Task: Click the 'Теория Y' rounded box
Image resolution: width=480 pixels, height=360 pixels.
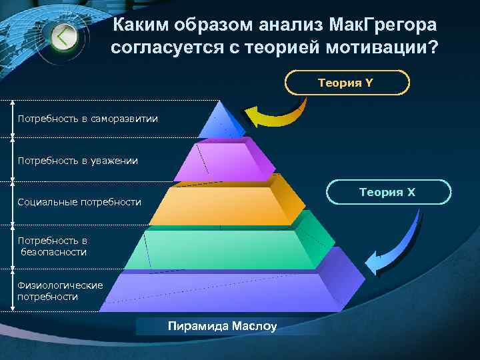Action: click(x=347, y=83)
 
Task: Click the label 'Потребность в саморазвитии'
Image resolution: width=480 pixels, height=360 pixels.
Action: click(x=88, y=119)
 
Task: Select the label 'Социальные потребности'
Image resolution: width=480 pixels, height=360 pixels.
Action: click(x=79, y=202)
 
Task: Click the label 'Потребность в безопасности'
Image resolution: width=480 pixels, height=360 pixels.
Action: click(x=53, y=246)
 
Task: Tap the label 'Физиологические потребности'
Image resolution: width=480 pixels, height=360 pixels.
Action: click(x=60, y=291)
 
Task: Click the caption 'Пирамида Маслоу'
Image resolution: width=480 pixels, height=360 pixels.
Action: click(x=222, y=326)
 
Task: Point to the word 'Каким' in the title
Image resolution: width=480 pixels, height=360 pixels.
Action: click(x=140, y=25)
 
